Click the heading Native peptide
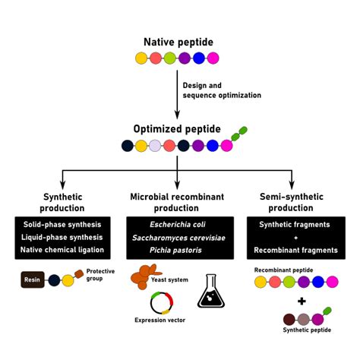[178, 42]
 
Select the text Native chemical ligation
[62, 250]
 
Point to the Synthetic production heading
[63, 202]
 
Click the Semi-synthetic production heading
[292, 202]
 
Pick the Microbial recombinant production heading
[177, 202]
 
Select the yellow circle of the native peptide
[141, 58]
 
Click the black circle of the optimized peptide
[126, 145]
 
